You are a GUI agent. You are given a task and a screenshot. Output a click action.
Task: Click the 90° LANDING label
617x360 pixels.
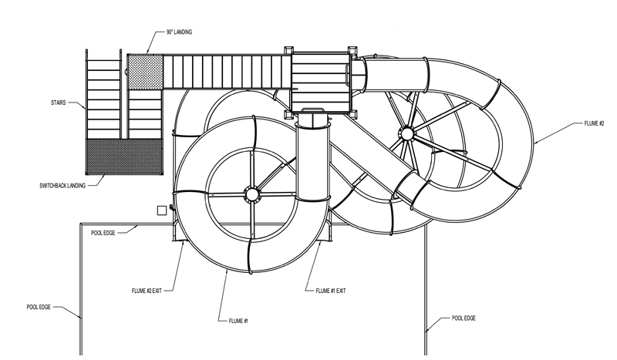pos(179,32)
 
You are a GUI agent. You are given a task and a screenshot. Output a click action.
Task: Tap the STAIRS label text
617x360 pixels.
pos(59,103)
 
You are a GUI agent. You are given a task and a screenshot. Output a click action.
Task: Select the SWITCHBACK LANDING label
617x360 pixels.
pos(62,185)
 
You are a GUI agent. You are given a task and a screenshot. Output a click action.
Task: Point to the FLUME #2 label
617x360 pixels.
pos(594,123)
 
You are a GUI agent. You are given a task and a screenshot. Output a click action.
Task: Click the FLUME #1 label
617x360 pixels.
pos(238,321)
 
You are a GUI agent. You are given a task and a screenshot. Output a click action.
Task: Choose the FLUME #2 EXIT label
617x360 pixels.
pos(147,291)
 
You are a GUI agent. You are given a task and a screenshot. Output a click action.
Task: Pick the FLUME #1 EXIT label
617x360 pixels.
pos(331,291)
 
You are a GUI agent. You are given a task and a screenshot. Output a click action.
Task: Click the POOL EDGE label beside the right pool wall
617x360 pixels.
pos(464,318)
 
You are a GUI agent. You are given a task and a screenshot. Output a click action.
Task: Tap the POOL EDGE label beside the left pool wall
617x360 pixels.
pos(39,307)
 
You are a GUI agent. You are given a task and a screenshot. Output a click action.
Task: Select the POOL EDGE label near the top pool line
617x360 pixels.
pos(103,233)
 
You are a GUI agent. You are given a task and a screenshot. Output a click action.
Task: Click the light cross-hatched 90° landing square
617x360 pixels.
pos(145,72)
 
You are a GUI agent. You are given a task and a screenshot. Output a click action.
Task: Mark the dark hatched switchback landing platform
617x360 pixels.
pos(124,156)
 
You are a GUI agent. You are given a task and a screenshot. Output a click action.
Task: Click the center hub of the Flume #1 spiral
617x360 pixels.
pos(252,194)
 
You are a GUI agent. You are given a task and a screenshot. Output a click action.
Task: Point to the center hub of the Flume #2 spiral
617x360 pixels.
pos(407,134)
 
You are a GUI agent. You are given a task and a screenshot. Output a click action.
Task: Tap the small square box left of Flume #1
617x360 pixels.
pos(162,210)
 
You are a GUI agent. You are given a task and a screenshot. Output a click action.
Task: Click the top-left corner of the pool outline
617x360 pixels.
pos(81,224)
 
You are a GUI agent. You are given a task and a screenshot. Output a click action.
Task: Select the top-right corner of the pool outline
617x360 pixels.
pos(426,224)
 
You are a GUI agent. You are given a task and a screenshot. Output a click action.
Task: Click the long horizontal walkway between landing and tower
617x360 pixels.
pos(227,72)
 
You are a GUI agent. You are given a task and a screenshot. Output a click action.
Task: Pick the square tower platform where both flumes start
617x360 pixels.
pos(321,82)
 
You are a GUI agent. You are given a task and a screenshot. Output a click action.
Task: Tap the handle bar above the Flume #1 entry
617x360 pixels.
pos(313,109)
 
